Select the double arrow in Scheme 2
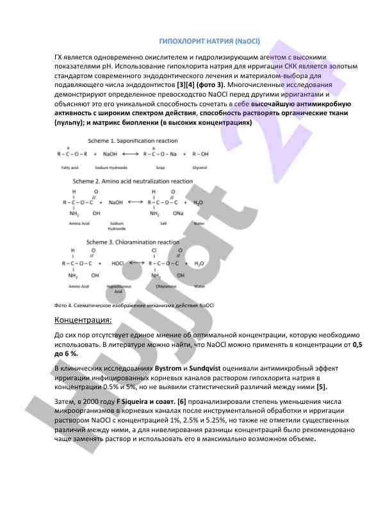tap(136, 202)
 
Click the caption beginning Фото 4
tap(135, 305)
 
